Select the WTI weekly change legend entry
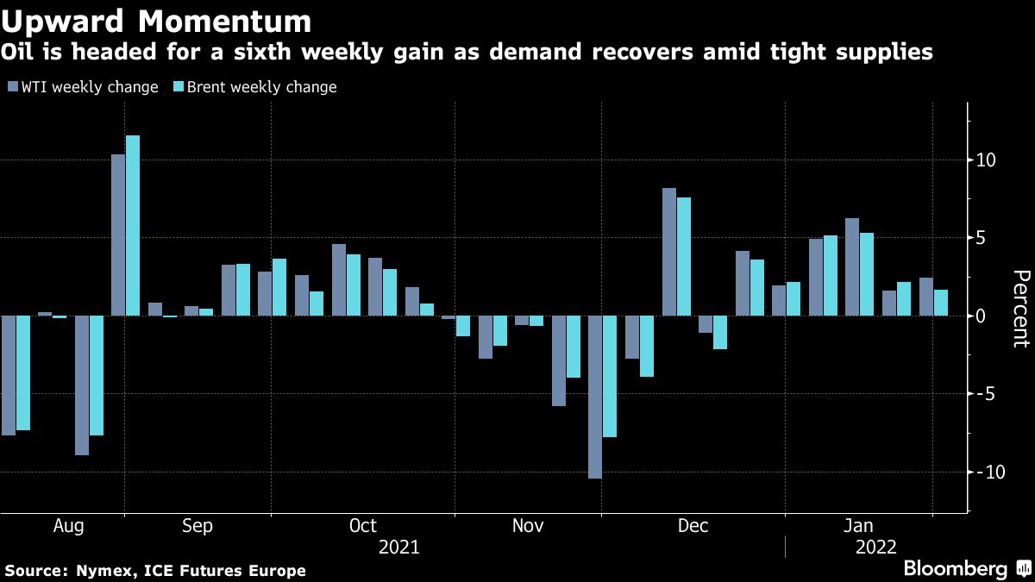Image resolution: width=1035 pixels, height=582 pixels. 82,87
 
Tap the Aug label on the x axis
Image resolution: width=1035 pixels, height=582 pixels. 68,526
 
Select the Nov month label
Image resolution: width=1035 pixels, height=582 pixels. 528,526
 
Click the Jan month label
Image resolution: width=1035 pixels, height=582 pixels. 858,526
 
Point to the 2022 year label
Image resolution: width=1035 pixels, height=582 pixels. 875,548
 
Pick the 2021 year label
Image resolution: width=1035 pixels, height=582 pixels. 398,548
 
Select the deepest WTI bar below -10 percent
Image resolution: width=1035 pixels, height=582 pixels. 595,397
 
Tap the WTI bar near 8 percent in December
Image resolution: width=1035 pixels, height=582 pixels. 669,252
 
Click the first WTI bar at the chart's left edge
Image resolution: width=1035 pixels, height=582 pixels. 8,375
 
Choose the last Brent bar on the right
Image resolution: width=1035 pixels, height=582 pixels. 941,303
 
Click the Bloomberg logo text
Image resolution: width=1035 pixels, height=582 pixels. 955,569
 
